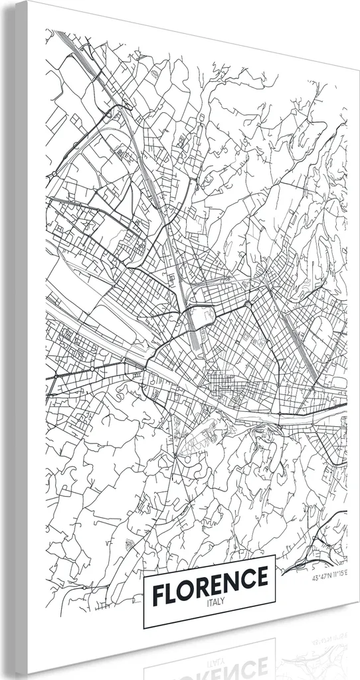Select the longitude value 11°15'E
(339, 578)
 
